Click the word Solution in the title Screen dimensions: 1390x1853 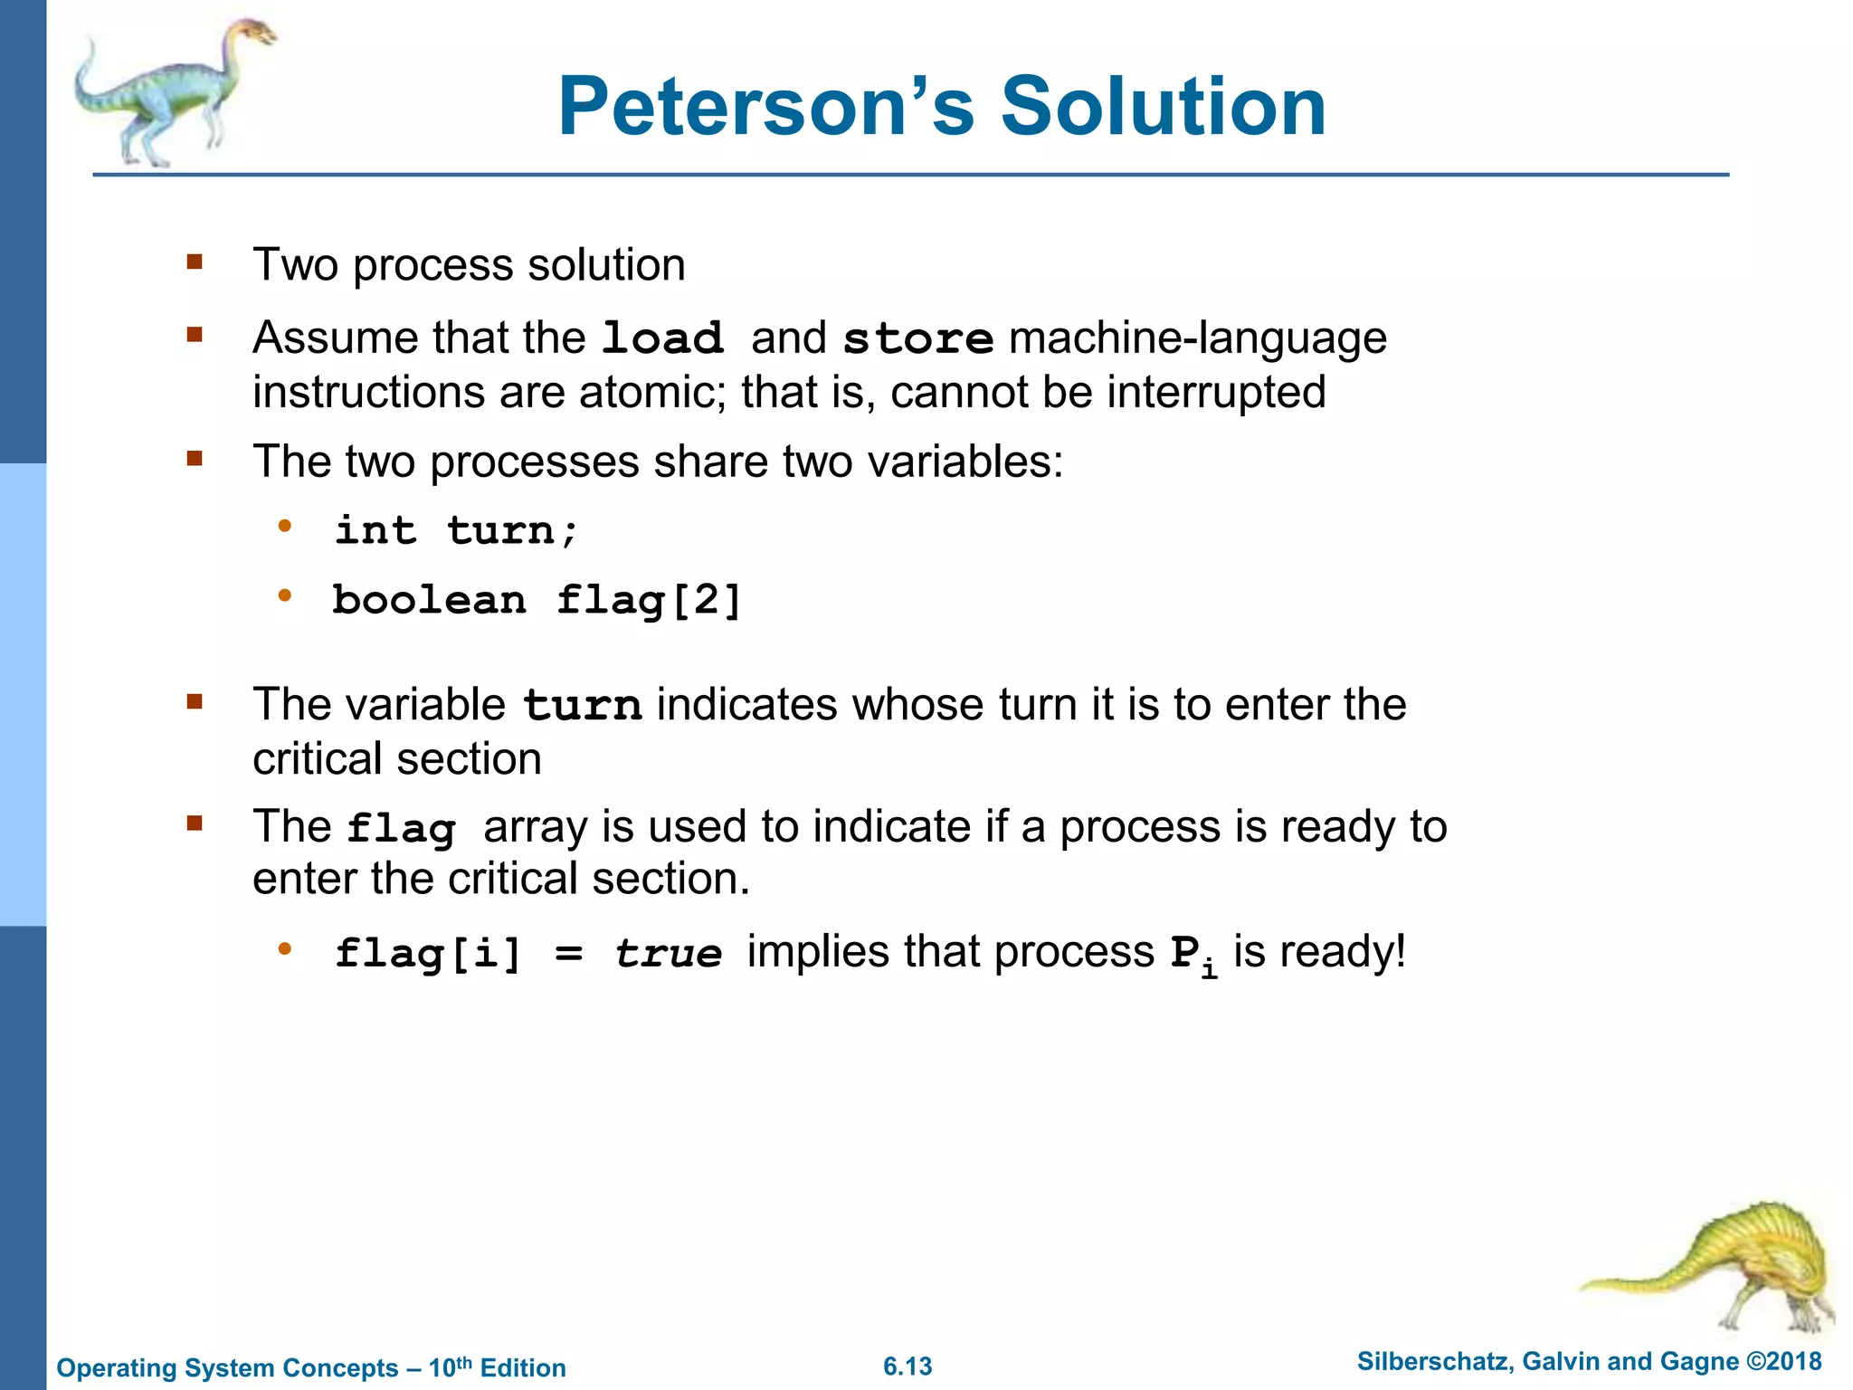pyautogui.click(x=1163, y=107)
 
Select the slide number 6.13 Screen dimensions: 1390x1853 pyautogui.click(x=907, y=1366)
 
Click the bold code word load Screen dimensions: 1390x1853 pyautogui.click(x=662, y=338)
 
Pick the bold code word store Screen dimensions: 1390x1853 pyautogui.click(x=917, y=338)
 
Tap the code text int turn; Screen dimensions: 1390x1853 pyautogui.click(x=456, y=530)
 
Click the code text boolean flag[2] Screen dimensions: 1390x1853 pyautogui.click(x=537, y=601)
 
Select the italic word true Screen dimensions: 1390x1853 pyautogui.click(x=668, y=954)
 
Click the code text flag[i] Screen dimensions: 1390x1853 pyautogui.click(x=428, y=954)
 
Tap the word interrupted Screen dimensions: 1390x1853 pyautogui.click(x=1216, y=393)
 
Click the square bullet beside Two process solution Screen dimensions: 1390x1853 pyautogui.click(x=195, y=263)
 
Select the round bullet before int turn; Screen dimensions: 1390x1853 pyautogui.click(x=285, y=526)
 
